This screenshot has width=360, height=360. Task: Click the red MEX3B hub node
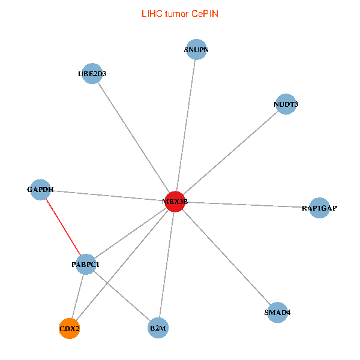click(175, 202)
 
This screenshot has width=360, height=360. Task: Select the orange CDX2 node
click(70, 328)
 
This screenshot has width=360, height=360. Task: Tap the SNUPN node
click(196, 50)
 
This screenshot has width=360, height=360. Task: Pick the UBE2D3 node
click(91, 74)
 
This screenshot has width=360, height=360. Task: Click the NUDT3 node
click(286, 104)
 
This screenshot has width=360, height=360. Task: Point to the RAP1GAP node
click(319, 208)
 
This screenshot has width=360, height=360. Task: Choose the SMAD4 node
click(277, 313)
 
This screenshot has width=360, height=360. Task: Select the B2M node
click(158, 328)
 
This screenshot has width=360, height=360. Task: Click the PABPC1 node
click(86, 264)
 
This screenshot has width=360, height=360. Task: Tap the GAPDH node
click(40, 190)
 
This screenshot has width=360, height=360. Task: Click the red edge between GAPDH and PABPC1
click(63, 227)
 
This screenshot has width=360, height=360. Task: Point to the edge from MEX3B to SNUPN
click(185, 126)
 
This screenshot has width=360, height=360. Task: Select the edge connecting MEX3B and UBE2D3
click(133, 137)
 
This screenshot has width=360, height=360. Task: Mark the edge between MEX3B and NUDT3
click(230, 153)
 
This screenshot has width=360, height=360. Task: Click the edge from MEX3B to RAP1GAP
click(247, 205)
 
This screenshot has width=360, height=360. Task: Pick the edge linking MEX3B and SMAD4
click(226, 257)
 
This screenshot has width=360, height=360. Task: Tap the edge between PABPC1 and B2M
click(122, 296)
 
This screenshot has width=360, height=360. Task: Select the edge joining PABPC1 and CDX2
click(78, 296)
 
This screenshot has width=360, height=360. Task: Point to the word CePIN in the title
click(205, 13)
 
